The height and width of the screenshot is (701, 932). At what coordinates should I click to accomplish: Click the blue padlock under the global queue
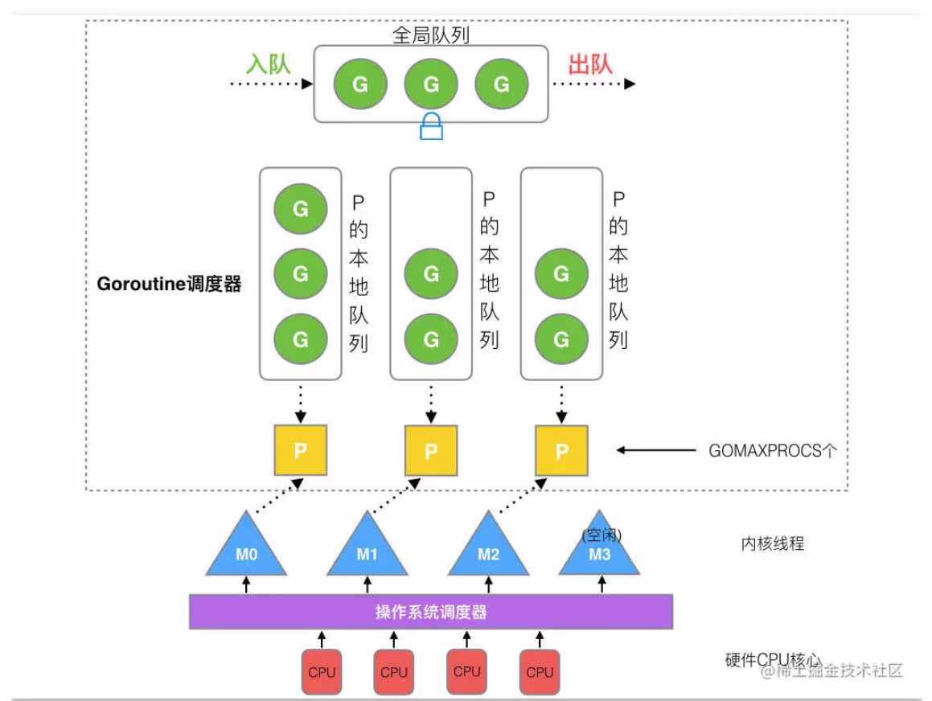[x=431, y=127]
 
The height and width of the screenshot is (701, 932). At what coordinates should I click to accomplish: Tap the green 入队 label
[x=268, y=64]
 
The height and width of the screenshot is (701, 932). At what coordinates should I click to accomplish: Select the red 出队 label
[x=590, y=64]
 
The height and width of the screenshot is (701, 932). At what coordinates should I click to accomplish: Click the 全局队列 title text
[x=431, y=35]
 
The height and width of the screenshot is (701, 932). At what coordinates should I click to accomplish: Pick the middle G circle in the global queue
[x=431, y=84]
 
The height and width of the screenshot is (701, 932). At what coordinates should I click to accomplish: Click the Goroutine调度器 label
[x=169, y=285]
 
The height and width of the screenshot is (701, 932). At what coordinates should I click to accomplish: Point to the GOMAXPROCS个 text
[x=773, y=451]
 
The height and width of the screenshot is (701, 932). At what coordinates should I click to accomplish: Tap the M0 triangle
[x=246, y=550]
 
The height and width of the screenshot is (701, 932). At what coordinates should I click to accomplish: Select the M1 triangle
[x=367, y=550]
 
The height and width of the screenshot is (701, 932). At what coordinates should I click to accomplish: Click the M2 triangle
[x=488, y=550]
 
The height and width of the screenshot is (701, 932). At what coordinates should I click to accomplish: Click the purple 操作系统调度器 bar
[x=431, y=613]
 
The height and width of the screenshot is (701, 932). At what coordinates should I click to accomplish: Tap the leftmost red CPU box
[x=322, y=672]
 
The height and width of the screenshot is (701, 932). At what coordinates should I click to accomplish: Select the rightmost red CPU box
[x=540, y=672]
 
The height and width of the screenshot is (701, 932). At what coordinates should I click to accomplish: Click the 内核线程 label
[x=772, y=544]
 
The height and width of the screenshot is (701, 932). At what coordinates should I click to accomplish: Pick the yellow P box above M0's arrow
[x=300, y=450]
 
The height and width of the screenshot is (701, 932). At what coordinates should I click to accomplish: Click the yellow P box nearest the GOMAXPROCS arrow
[x=561, y=450]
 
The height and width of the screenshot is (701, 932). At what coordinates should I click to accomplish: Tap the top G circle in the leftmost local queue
[x=300, y=209]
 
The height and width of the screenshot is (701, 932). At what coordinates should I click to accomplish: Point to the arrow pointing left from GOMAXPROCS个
[x=655, y=451]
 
